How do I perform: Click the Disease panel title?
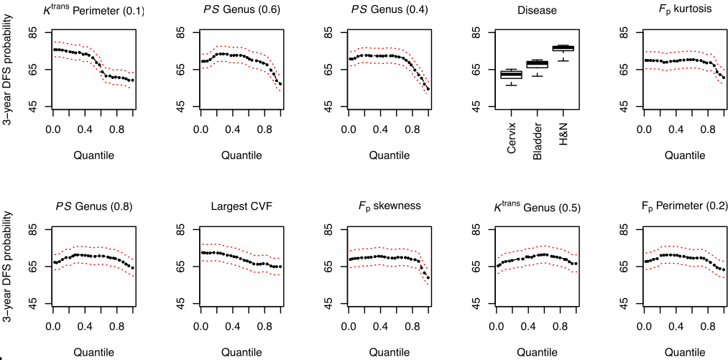pyautogui.click(x=536, y=10)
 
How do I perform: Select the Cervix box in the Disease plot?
pyautogui.click(x=511, y=74)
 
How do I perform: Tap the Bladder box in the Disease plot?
pyautogui.click(x=537, y=64)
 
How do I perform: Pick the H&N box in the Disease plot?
pyautogui.click(x=562, y=48)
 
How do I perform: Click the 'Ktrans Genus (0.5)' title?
pyautogui.click(x=536, y=208)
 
